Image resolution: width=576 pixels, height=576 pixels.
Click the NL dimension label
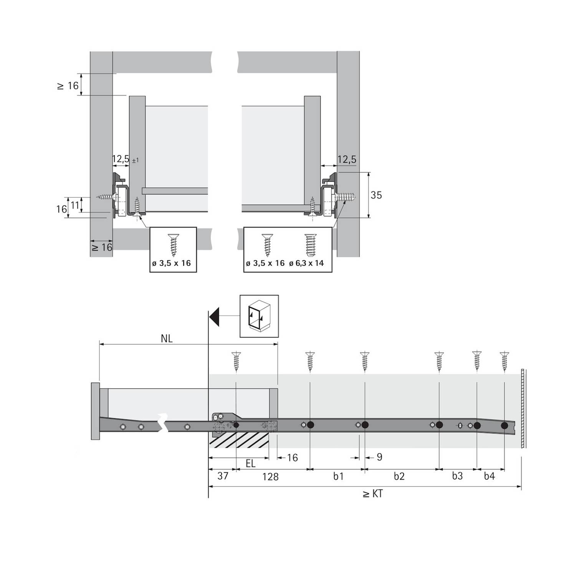[167, 338]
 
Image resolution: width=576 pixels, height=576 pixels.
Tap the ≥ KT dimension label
[372, 493]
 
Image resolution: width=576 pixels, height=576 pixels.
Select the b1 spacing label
[338, 476]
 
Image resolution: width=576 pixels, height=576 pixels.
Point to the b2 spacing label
[399, 476]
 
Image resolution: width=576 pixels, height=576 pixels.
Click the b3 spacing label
[457, 476]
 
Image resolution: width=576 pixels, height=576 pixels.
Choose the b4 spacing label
[489, 476]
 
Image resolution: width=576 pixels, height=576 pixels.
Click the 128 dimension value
[270, 477]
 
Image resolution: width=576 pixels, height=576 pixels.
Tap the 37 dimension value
[223, 476]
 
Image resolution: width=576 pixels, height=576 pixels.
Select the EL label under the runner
[250, 463]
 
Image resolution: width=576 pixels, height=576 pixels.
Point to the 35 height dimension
[376, 195]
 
